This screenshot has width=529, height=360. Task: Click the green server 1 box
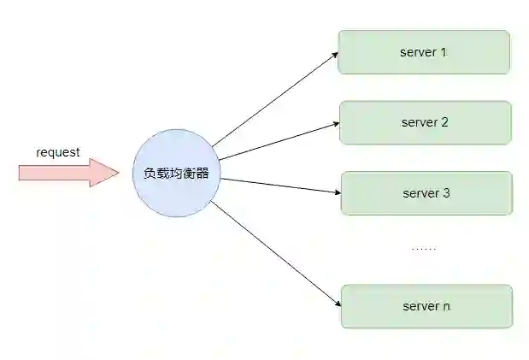424,52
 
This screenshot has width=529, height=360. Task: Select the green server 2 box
425,122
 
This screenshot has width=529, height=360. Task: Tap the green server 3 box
426,192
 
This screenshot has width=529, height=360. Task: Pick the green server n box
426,306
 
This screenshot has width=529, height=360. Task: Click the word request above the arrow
58,152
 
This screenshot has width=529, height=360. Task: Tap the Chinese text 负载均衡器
177,173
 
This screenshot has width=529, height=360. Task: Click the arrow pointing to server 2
278,141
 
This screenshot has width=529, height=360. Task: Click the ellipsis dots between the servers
424,249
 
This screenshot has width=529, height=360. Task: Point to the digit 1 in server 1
444,52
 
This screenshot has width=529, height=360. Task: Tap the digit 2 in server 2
444,122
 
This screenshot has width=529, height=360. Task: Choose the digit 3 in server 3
446,192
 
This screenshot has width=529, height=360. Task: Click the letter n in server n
446,306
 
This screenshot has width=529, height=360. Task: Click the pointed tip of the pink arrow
118,172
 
